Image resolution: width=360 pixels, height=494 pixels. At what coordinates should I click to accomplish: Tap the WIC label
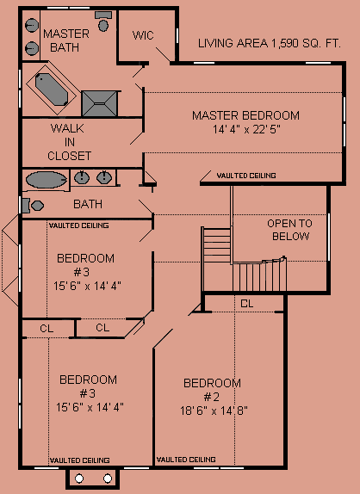pyautogui.click(x=143, y=35)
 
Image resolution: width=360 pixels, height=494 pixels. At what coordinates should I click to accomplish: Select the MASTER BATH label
pyautogui.click(x=65, y=40)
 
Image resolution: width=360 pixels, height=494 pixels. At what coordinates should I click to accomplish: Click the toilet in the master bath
pyautogui.click(x=103, y=22)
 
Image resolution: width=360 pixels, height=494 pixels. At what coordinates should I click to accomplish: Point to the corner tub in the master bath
pyautogui.click(x=52, y=90)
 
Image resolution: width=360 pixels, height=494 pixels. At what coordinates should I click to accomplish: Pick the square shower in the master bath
pyautogui.click(x=99, y=103)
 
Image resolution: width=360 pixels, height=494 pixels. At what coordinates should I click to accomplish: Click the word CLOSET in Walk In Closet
pyautogui.click(x=70, y=156)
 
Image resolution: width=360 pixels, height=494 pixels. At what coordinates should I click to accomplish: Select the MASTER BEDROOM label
pyautogui.click(x=245, y=115)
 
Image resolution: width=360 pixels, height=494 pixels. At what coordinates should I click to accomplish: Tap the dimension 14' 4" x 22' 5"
pyautogui.click(x=247, y=129)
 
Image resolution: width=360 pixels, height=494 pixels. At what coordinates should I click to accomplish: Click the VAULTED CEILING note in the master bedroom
pyautogui.click(x=246, y=176)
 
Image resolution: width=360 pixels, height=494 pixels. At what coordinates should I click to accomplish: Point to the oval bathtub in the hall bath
pyautogui.click(x=47, y=180)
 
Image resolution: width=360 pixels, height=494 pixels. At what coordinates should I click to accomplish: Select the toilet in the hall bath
pyautogui.click(x=33, y=206)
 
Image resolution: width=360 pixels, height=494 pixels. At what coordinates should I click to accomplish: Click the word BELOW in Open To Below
pyautogui.click(x=290, y=237)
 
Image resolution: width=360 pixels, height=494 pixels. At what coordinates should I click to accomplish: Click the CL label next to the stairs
pyautogui.click(x=247, y=304)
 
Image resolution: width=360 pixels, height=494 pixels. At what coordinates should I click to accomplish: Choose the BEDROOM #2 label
pyautogui.click(x=212, y=390)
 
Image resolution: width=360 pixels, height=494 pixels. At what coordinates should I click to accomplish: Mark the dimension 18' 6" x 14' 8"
pyautogui.click(x=214, y=411)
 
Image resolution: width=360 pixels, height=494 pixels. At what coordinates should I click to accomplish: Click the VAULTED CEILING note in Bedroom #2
pyautogui.click(x=186, y=460)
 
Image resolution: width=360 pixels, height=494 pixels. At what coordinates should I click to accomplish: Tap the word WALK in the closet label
pyautogui.click(x=67, y=128)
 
